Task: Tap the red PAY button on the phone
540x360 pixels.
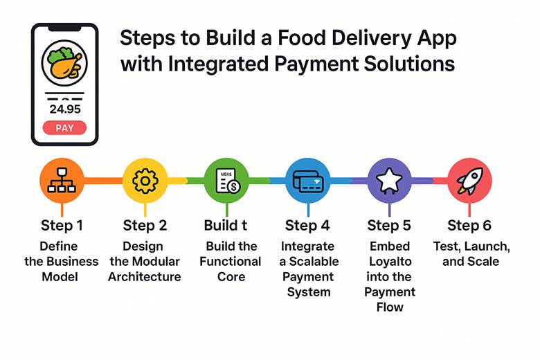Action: point(64,128)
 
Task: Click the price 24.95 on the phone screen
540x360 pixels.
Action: point(65,109)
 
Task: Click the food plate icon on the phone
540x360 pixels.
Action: point(64,64)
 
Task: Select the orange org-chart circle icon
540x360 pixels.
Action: point(62,181)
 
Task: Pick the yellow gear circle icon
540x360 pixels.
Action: point(145,181)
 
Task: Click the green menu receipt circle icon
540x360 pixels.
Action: point(226,181)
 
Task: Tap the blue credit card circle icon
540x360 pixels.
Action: point(308,181)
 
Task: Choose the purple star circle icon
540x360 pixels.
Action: point(389,181)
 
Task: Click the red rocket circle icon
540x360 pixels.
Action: point(470,181)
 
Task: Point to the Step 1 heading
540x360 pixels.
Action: point(62,226)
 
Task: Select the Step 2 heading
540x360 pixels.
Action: point(145,226)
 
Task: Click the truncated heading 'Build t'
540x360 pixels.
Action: point(226,225)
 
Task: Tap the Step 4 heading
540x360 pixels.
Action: point(307,226)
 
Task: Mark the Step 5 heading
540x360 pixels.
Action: point(389,226)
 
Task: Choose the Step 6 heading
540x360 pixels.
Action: point(469,226)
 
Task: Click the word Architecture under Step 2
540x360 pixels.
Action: point(145,277)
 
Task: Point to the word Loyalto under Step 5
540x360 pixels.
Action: point(390,262)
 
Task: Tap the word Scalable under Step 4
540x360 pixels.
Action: point(314,262)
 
